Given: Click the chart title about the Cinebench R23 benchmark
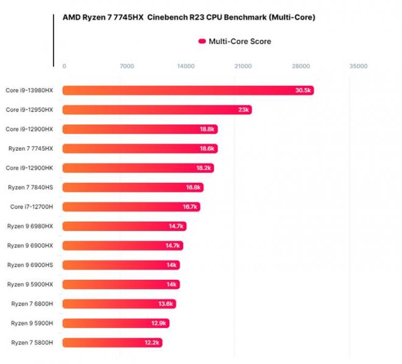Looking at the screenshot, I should point(189,18).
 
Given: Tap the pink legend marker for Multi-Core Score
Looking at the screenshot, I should point(202,41).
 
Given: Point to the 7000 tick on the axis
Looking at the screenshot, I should point(126,66).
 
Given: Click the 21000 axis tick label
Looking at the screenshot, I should point(243,66).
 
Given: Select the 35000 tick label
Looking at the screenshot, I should point(358,66).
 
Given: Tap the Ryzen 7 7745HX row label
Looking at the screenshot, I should point(31,148).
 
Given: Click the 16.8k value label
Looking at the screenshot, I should point(194,187).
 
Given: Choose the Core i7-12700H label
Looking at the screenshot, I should point(32,207).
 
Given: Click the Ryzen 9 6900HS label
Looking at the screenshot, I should point(30,265).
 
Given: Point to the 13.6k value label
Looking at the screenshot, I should point(166,304).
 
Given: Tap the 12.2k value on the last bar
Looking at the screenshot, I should point(152,343).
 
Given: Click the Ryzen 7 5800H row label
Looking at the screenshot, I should point(32,343).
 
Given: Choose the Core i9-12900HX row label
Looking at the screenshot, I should point(30,129).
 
